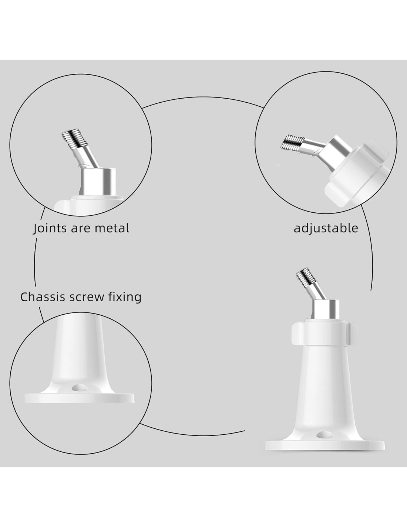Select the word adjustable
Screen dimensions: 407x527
326,228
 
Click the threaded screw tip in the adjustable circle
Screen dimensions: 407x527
292,142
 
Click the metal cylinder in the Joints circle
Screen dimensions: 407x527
98,182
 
